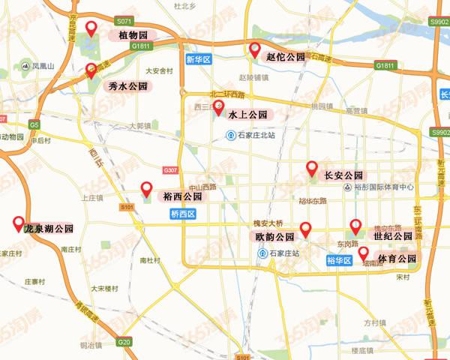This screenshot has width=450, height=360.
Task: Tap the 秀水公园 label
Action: pyautogui.click(x=127, y=86)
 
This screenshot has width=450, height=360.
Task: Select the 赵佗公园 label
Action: pyautogui.click(x=286, y=56)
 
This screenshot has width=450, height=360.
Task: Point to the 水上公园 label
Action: pyautogui.click(x=247, y=115)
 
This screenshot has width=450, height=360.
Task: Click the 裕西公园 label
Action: pyautogui.click(x=182, y=196)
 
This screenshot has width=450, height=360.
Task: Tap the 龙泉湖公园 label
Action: pyautogui.click(x=49, y=228)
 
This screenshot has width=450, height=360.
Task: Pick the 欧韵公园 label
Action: pyautogui.click(x=273, y=236)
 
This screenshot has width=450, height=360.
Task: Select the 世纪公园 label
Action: pyautogui.click(x=393, y=235)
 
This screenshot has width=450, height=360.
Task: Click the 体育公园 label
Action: pyautogui.click(x=397, y=259)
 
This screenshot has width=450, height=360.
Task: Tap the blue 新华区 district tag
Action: pyautogui.click(x=199, y=58)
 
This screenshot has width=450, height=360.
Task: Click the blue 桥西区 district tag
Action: pyautogui.click(x=182, y=214)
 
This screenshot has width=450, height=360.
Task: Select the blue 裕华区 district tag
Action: pyautogui.click(x=340, y=260)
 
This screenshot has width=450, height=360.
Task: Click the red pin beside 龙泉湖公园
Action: pyautogui.click(x=18, y=223)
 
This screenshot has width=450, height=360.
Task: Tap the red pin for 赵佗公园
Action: pyautogui.click(x=254, y=50)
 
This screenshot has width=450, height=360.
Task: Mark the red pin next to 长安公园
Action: pyautogui.click(x=312, y=169)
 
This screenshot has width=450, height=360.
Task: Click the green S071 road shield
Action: pyautogui.click(x=125, y=23)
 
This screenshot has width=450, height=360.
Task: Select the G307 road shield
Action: pyautogui.click(x=169, y=170)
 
